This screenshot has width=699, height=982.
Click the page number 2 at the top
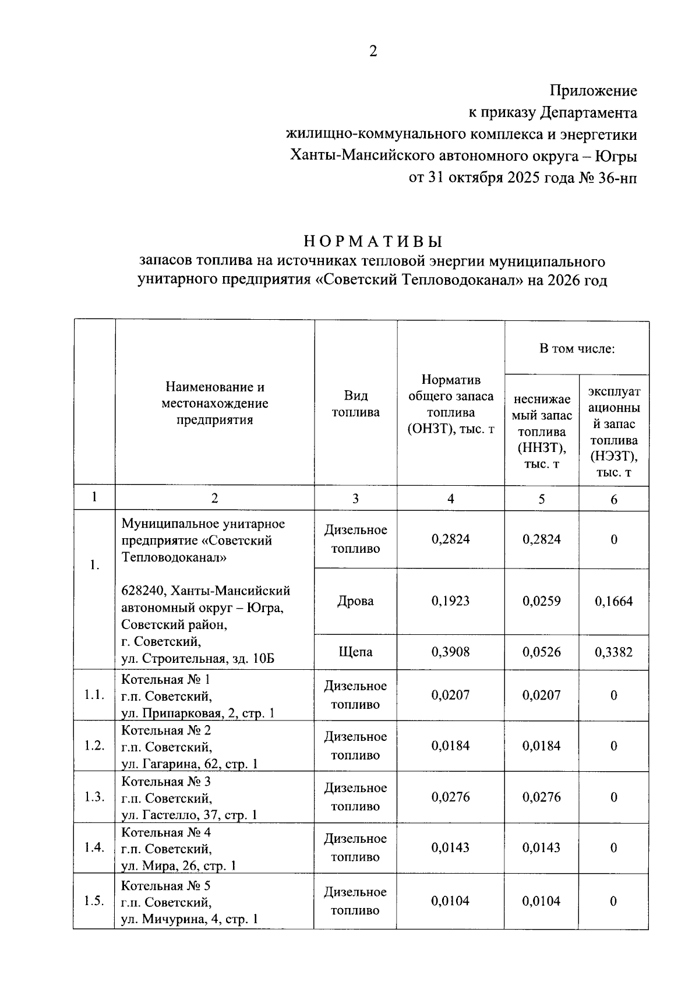click(x=373, y=52)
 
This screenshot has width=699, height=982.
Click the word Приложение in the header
click(x=594, y=91)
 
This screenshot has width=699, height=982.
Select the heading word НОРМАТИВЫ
click(x=373, y=241)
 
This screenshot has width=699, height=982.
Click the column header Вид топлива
click(x=355, y=404)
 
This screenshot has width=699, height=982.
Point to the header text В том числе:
click(x=577, y=349)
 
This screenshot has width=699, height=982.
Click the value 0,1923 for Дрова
click(x=450, y=601)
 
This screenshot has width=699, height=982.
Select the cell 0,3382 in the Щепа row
click(x=613, y=652)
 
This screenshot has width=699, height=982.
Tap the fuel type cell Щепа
click(x=355, y=652)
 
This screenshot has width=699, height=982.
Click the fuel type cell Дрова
click(x=355, y=601)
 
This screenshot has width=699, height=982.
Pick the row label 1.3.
click(x=94, y=797)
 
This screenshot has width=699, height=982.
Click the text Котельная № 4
click(x=166, y=832)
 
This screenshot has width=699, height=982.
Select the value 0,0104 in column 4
click(x=450, y=901)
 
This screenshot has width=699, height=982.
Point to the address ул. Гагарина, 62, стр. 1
click(x=189, y=764)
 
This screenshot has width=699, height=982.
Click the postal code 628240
click(x=142, y=591)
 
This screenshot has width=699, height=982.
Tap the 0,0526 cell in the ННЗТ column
click(x=541, y=652)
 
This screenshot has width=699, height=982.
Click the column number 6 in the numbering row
click(x=613, y=499)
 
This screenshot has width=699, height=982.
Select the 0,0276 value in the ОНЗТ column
click(x=450, y=797)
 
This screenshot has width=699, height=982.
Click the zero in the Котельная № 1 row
click(x=613, y=695)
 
